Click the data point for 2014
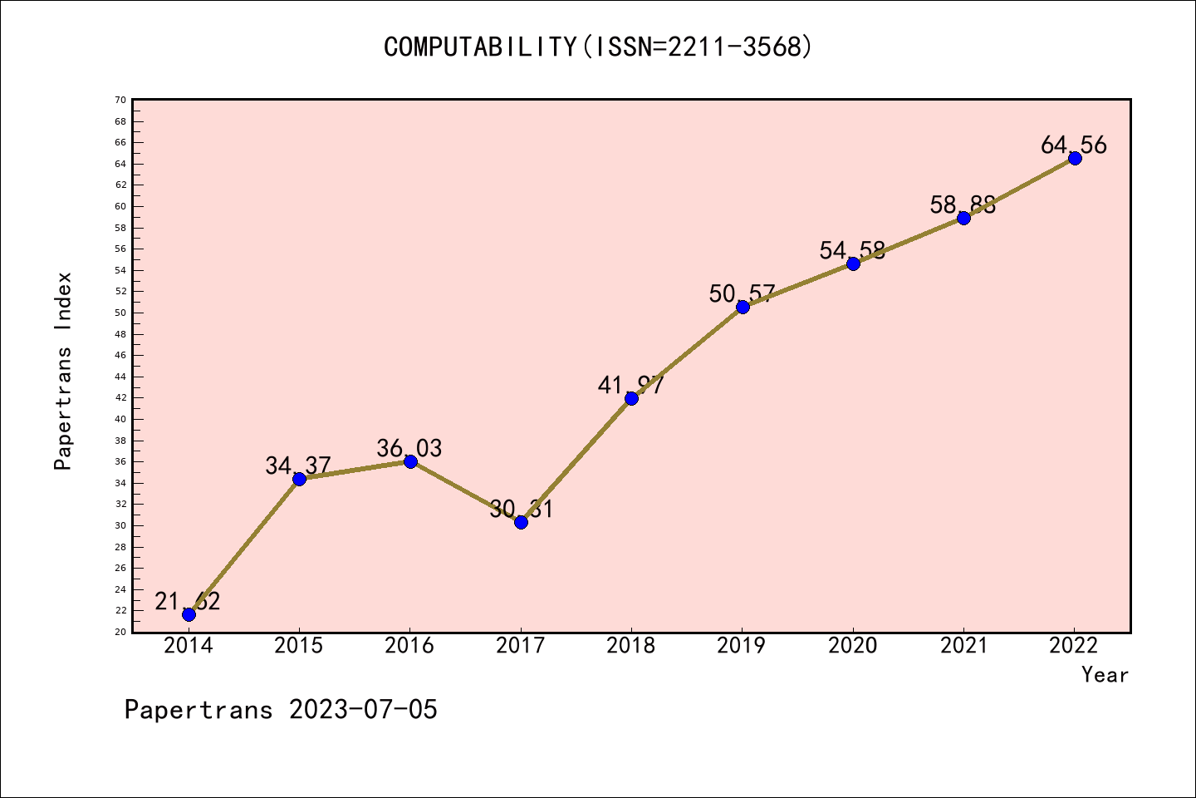coord(189,614)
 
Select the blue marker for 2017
coord(521,522)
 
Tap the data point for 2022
coord(1075,158)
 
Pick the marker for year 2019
coord(743,307)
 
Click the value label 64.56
coord(1073,145)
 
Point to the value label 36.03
coord(409,449)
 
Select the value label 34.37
coord(298,466)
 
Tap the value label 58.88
coord(963,205)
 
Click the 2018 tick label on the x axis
coord(631,646)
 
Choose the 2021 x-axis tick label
coord(963,646)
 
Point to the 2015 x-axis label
coord(299,646)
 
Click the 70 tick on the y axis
coord(120,100)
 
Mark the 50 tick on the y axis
coord(120,313)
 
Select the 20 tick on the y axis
coord(120,632)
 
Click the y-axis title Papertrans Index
coord(63,371)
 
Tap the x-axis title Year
coord(1105,675)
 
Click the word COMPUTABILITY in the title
coord(480,47)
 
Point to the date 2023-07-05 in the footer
coord(363,710)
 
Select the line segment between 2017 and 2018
coord(576,460)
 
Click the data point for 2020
coord(853,264)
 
